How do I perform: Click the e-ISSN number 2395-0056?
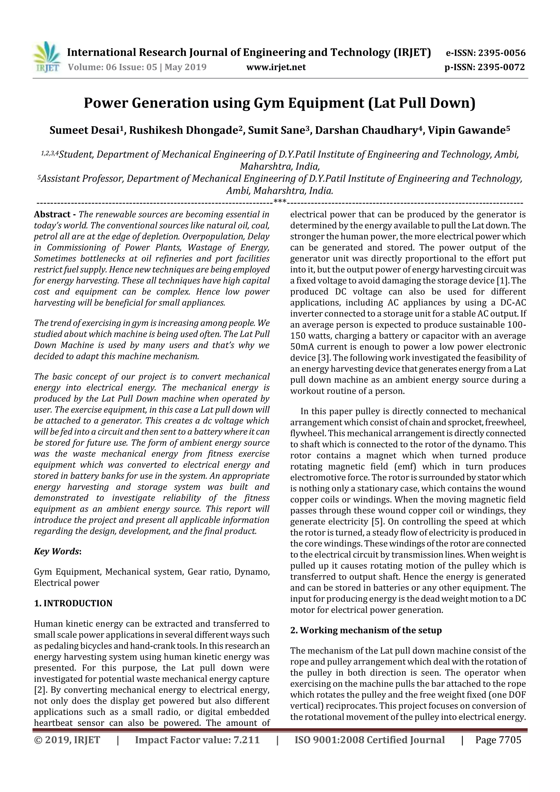click(x=501, y=53)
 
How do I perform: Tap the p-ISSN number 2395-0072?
click(x=501, y=67)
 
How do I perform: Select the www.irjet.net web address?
click(x=276, y=67)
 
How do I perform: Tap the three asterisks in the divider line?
click(x=279, y=201)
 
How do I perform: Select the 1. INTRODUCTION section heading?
click(x=73, y=603)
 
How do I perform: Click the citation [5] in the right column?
click(x=379, y=522)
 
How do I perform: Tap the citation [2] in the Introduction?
click(x=38, y=690)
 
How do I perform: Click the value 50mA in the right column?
click(x=302, y=347)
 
